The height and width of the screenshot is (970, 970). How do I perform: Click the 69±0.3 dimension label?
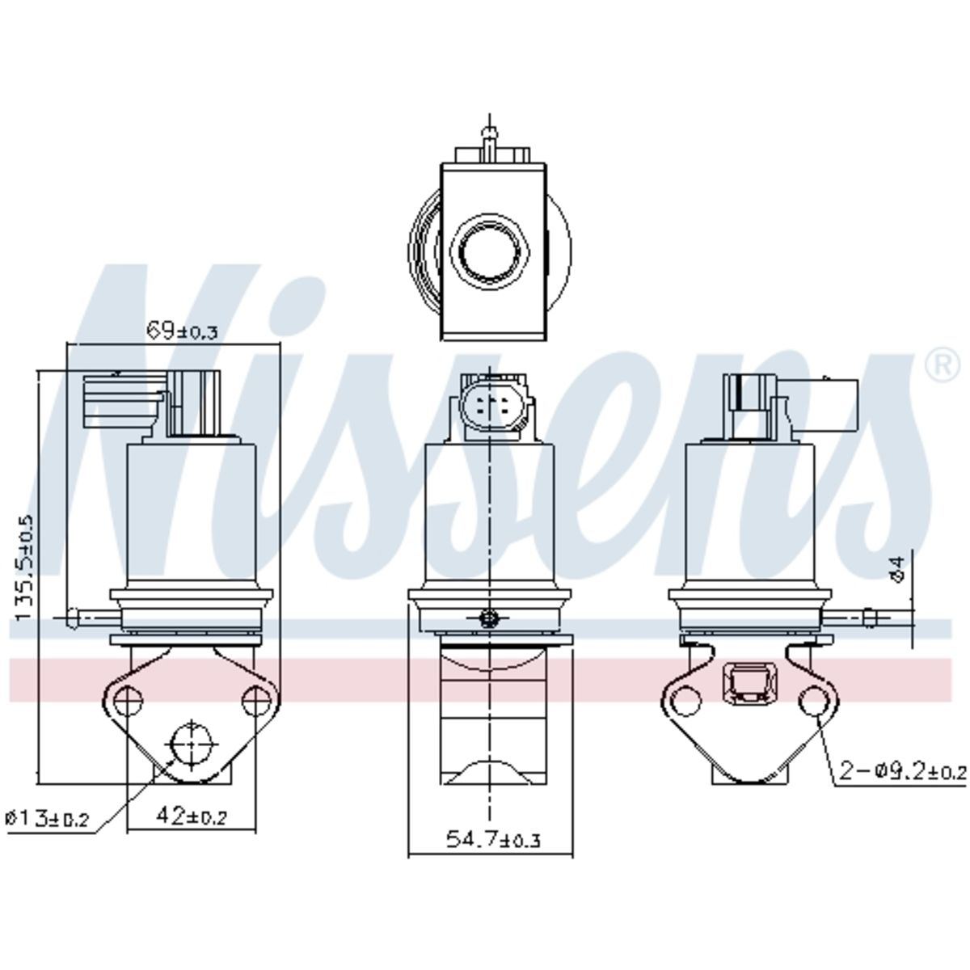pos(182,331)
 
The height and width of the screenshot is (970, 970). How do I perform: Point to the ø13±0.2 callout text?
pos(48,819)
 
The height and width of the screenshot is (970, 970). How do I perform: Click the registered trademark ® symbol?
pos(943,366)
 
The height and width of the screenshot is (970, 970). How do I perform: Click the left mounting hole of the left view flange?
pos(129,700)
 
